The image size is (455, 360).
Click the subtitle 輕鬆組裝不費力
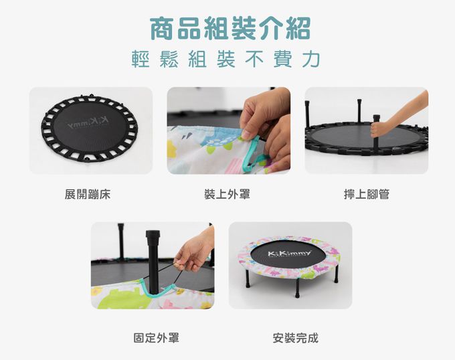227,60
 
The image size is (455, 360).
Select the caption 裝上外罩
227,194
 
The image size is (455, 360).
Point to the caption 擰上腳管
366,194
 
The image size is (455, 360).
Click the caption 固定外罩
156,338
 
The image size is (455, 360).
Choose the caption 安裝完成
295,338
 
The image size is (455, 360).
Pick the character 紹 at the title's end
297,28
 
